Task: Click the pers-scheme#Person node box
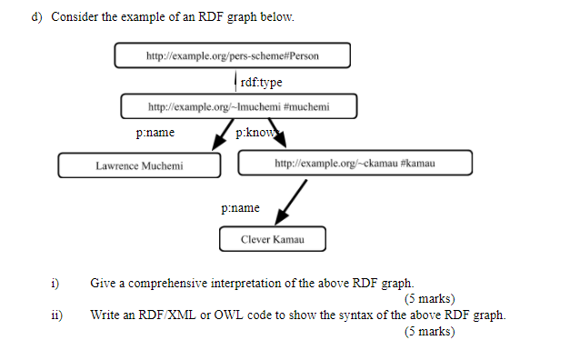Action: pyautogui.click(x=233, y=55)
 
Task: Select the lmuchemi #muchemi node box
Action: pyautogui.click(x=239, y=107)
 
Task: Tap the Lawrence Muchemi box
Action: pyautogui.click(x=139, y=165)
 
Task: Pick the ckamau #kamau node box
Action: pyautogui.click(x=355, y=163)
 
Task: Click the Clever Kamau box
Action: pyautogui.click(x=272, y=240)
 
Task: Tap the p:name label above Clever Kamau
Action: pyautogui.click(x=239, y=208)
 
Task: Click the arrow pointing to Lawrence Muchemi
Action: pyautogui.click(x=219, y=138)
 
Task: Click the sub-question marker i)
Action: pyautogui.click(x=56, y=284)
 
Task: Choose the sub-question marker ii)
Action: pyautogui.click(x=57, y=315)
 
